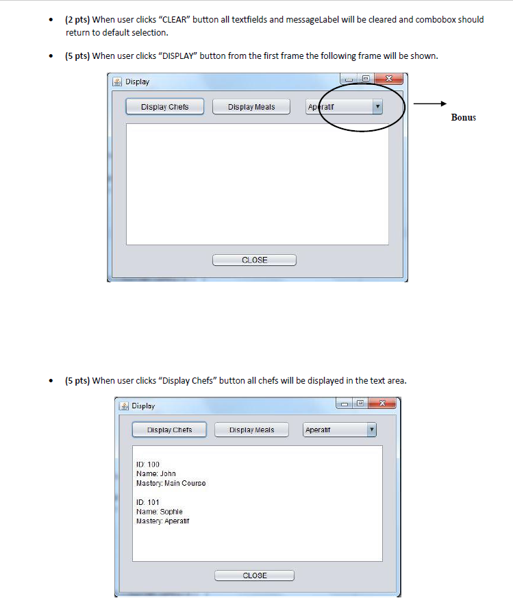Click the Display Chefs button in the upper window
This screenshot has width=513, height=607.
tap(164, 107)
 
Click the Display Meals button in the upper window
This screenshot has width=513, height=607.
tap(251, 107)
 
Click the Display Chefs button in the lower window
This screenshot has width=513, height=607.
tap(169, 430)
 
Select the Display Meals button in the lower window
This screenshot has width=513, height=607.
tap(251, 430)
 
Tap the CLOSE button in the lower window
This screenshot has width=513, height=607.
tap(254, 575)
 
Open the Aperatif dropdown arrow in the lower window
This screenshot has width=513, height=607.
tap(371, 430)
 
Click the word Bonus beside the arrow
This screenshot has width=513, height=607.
tap(463, 117)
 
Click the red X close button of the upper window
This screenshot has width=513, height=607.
tap(389, 79)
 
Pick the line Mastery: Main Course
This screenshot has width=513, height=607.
tap(171, 483)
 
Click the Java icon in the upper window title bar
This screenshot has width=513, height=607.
tap(117, 82)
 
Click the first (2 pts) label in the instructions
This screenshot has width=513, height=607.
tap(77, 20)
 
